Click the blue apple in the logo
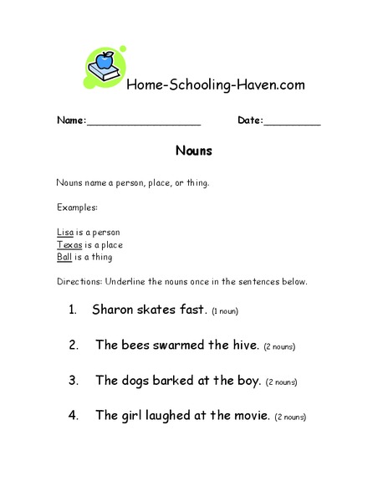tap(105, 61)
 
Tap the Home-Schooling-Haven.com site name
tap(214, 85)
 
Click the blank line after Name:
tap(144, 122)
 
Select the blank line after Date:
tap(293, 122)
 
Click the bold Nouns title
tap(194, 151)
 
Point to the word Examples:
tap(77, 207)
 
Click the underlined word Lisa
tap(65, 232)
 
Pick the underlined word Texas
tap(69, 244)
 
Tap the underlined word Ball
tap(64, 257)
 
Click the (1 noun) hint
tap(226, 311)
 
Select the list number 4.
tap(74, 415)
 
